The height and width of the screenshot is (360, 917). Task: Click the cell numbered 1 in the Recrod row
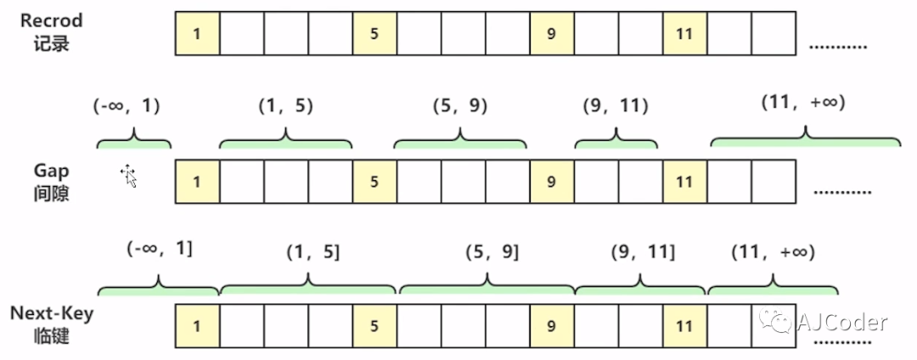[197, 34]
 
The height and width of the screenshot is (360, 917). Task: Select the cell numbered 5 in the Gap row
[374, 181]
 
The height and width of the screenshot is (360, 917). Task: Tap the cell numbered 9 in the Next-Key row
[551, 325]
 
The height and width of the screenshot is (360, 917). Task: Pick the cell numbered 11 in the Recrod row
[684, 34]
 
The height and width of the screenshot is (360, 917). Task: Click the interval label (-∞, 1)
[127, 106]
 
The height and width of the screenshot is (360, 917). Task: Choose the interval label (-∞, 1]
[159, 250]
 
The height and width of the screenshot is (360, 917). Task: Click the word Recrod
[52, 20]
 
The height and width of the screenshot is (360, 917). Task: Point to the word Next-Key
[52, 313]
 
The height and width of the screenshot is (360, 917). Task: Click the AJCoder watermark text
[842, 322]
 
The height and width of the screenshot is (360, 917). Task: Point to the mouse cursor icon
[129, 176]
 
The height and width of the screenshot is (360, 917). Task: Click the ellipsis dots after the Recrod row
[837, 47]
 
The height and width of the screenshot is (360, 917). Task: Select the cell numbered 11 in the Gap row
[684, 181]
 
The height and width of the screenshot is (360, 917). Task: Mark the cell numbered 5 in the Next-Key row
[374, 325]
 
